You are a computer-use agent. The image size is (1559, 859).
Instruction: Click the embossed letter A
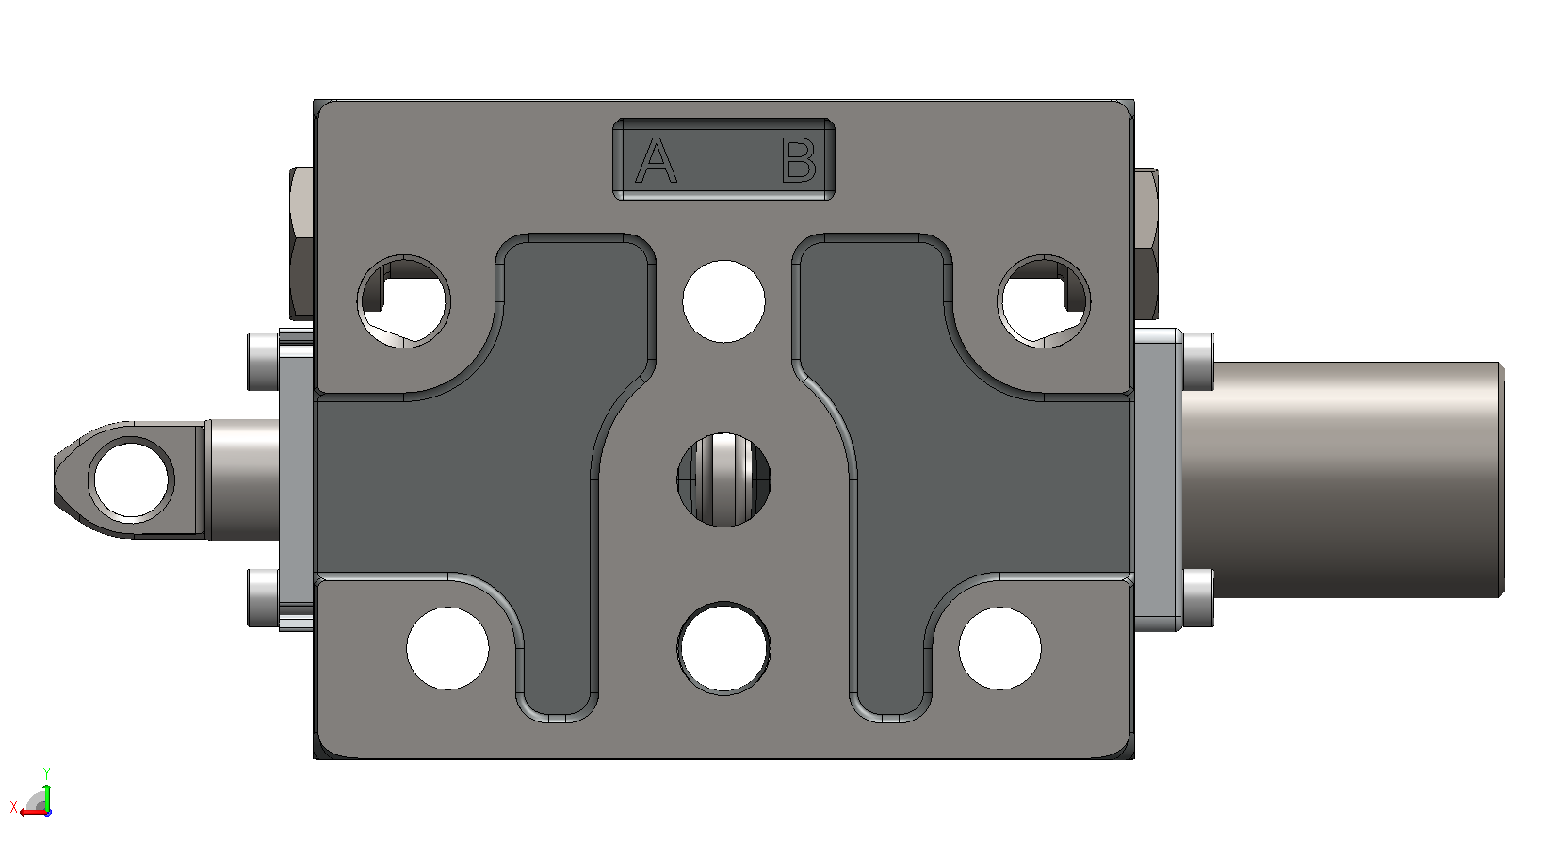coord(656,160)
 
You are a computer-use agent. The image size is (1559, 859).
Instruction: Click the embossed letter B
coord(798,160)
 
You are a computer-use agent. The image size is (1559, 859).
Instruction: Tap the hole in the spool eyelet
coord(131,480)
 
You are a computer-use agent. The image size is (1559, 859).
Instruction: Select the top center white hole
coord(723,301)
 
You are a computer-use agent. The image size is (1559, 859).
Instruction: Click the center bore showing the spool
coord(723,479)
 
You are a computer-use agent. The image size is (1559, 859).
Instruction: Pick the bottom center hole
coord(723,648)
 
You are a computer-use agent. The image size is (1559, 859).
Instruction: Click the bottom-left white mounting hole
coord(447,648)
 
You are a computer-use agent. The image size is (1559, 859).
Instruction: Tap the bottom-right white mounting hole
coord(999,648)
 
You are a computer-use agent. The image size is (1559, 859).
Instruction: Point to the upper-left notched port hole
coord(404,301)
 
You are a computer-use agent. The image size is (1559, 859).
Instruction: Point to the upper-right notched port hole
coord(1044,301)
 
